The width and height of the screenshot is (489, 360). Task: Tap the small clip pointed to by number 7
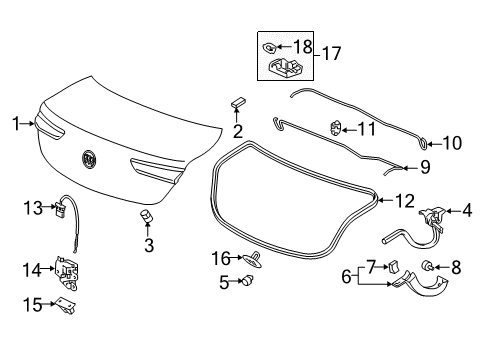pos(393,268)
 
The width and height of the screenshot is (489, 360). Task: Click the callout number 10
pos(452,143)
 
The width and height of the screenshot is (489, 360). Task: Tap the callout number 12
pos(404,201)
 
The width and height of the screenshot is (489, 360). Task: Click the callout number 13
pos(31,207)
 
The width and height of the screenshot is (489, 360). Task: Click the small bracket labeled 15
pos(68,304)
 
